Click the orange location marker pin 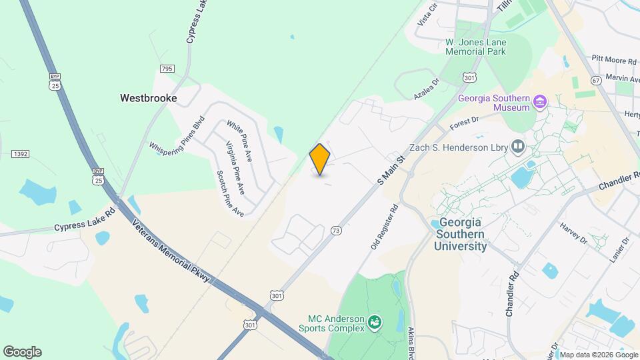pos(320,159)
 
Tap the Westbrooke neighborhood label pos(149,98)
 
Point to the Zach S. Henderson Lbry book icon pos(518,146)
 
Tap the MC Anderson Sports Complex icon pos(375,323)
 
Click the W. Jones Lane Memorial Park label pos(475,47)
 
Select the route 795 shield pos(167,69)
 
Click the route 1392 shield pos(20,154)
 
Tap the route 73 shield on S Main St pos(336,231)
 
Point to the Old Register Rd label pos(384,227)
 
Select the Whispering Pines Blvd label pos(177,137)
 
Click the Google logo pos(22,351)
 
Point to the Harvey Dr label pos(573,233)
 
